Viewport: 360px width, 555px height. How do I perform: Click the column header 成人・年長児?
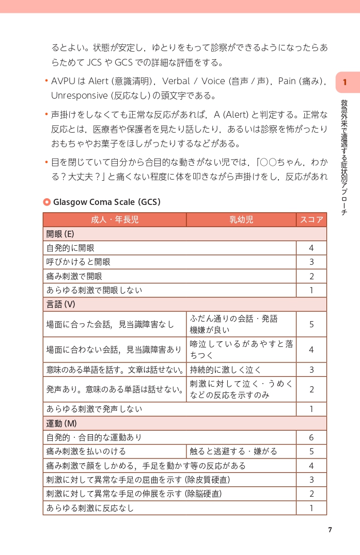(115, 220)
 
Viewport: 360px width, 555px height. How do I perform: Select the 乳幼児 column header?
(241, 220)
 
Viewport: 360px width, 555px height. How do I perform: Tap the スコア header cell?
(311, 220)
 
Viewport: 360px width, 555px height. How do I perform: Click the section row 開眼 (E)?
(184, 234)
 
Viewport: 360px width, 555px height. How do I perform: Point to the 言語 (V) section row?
(184, 304)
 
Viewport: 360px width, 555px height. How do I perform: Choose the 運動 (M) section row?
(184, 423)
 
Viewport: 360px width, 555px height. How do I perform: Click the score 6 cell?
(311, 437)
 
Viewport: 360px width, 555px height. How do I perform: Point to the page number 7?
(330, 530)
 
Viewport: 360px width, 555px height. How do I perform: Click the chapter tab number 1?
(345, 83)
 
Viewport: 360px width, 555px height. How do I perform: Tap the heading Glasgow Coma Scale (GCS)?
(107, 202)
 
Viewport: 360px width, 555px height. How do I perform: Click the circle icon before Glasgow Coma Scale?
(46, 202)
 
